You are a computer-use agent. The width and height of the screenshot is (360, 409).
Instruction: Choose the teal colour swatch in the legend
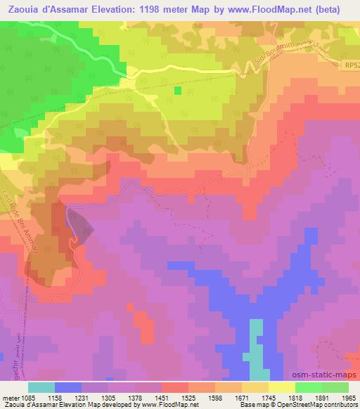coord(41,387)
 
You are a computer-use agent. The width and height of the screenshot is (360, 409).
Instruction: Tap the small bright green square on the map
coord(178,91)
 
